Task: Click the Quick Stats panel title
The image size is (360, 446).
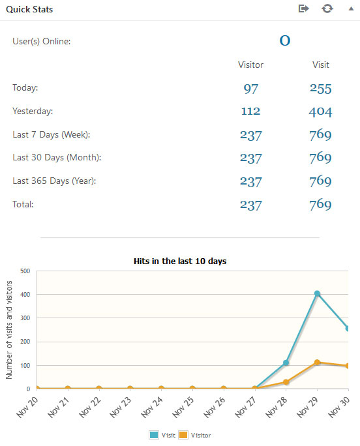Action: coord(30,10)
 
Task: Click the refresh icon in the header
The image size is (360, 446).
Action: coord(327,9)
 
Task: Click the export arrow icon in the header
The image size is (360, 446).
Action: coord(303,9)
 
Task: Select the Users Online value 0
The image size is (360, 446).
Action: coord(285,40)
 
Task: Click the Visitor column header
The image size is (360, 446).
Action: coord(251,65)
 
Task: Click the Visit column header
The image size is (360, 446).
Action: coord(320,65)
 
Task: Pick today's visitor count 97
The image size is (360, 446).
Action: coord(251,89)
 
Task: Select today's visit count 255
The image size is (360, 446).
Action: coord(320,89)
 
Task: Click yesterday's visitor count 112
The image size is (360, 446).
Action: coord(251,111)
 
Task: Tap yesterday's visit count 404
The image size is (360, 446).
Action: coord(320,111)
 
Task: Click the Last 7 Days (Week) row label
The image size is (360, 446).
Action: coord(52,134)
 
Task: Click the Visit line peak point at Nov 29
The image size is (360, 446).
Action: coord(318,293)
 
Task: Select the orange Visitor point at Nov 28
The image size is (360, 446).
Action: coord(286,382)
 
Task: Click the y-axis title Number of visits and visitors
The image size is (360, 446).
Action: coord(9,330)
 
